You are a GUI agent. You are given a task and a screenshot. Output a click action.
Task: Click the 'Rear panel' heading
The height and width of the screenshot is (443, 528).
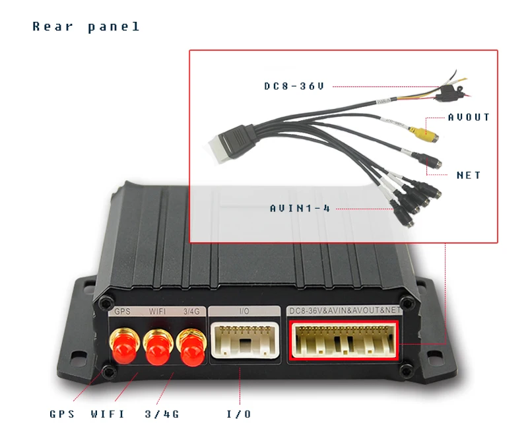tap(86, 27)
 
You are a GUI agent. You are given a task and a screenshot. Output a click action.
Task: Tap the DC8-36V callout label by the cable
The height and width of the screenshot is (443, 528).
tap(294, 86)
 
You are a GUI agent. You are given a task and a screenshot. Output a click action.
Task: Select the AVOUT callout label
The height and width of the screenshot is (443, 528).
tap(469, 117)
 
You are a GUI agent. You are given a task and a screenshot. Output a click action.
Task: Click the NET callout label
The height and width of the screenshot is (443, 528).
tap(469, 175)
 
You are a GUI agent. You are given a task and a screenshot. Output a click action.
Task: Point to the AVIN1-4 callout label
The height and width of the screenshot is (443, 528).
tap(300, 208)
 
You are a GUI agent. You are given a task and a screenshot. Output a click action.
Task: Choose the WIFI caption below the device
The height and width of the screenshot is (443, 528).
tap(108, 414)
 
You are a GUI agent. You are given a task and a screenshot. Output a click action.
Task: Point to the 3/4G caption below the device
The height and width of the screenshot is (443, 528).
tap(162, 414)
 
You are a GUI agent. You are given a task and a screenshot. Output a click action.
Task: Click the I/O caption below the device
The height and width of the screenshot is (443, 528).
tap(238, 414)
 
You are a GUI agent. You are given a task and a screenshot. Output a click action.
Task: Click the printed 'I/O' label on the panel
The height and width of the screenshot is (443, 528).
tap(242, 310)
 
